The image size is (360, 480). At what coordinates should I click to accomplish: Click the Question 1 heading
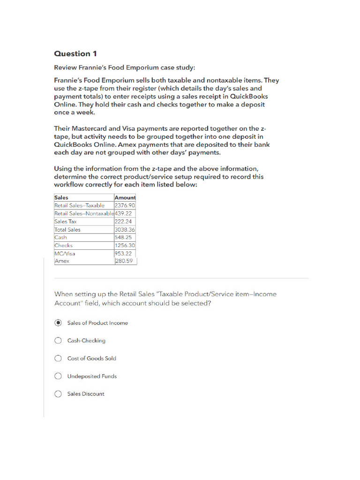(x=75, y=53)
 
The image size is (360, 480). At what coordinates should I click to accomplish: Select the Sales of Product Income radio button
(x=58, y=323)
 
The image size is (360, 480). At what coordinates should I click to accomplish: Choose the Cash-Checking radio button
(x=58, y=341)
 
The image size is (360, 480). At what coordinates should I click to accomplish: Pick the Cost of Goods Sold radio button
(x=58, y=359)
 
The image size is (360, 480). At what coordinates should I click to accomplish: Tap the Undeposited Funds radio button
(x=58, y=376)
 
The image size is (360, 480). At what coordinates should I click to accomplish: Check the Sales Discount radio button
(x=58, y=394)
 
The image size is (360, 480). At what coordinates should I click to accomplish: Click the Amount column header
(x=125, y=198)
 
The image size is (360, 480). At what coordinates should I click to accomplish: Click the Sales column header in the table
(x=61, y=198)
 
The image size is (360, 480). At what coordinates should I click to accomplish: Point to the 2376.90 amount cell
(x=125, y=205)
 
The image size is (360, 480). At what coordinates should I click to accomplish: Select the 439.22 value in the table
(x=123, y=213)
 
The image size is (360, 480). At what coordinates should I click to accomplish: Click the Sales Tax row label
(x=66, y=221)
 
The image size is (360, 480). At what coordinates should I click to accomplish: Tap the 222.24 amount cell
(x=123, y=221)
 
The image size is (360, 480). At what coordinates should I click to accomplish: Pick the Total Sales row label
(x=67, y=230)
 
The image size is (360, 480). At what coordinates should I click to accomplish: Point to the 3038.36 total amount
(x=125, y=230)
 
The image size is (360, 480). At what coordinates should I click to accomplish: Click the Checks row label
(x=64, y=245)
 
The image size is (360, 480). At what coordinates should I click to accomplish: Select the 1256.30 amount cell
(x=125, y=245)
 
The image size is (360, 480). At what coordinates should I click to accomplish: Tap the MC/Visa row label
(x=65, y=253)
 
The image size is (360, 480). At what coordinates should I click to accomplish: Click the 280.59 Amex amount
(x=124, y=261)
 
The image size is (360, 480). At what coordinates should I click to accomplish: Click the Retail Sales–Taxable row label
(x=80, y=205)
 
